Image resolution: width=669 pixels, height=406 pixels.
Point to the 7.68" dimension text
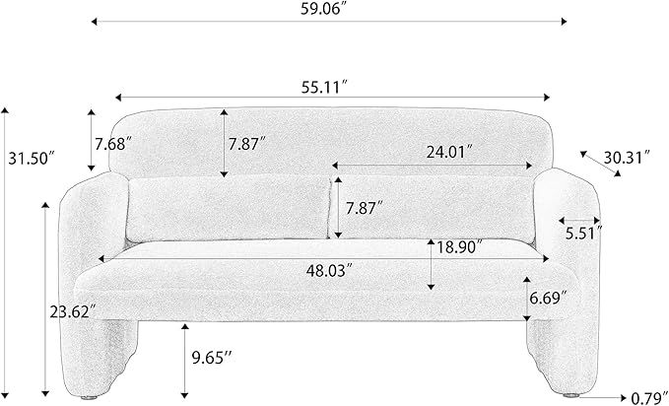point(114,143)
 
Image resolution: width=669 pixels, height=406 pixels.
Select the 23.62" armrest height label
point(71,311)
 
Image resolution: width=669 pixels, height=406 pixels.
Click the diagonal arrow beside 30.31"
point(600,164)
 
